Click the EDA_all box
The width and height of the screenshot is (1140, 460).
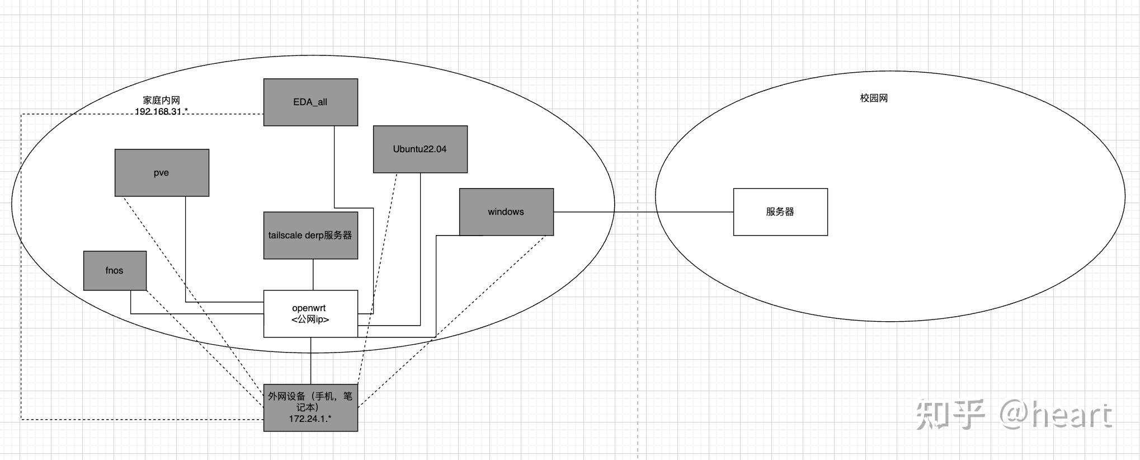[310, 102]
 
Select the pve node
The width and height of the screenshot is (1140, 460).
[162, 172]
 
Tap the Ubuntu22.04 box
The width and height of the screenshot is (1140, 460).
[420, 149]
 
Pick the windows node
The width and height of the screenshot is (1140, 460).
[506, 212]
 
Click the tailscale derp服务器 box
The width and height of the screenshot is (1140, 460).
[310, 235]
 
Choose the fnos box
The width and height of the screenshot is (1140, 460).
[115, 270]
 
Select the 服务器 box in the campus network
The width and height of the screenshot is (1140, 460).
[780, 212]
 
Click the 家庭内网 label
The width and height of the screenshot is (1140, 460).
[161, 100]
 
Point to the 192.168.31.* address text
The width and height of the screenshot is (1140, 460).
[161, 111]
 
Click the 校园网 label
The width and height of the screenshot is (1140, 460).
[874, 98]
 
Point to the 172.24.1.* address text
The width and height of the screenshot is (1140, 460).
[310, 419]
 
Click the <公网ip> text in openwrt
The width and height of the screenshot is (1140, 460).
[310, 320]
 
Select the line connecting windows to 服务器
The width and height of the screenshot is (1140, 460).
[643, 212]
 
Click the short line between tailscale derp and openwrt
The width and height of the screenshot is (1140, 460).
[313, 274]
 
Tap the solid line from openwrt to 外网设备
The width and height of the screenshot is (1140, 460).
[311, 361]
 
